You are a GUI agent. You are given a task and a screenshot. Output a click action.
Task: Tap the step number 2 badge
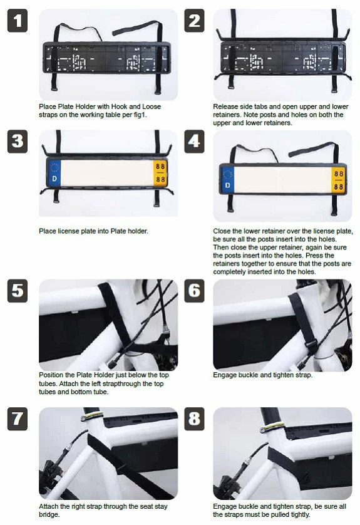click(195, 21)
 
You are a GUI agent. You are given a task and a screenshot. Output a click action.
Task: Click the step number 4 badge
click(195, 142)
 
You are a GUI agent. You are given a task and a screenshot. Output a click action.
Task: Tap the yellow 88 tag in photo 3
click(161, 172)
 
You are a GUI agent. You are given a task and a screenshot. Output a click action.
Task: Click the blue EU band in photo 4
click(227, 179)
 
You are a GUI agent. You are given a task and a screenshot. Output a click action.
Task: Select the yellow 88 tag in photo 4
click(338, 179)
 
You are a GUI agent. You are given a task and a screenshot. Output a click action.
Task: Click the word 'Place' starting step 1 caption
click(47, 107)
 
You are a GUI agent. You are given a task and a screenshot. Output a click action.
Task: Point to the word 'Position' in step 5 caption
click(51, 375)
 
